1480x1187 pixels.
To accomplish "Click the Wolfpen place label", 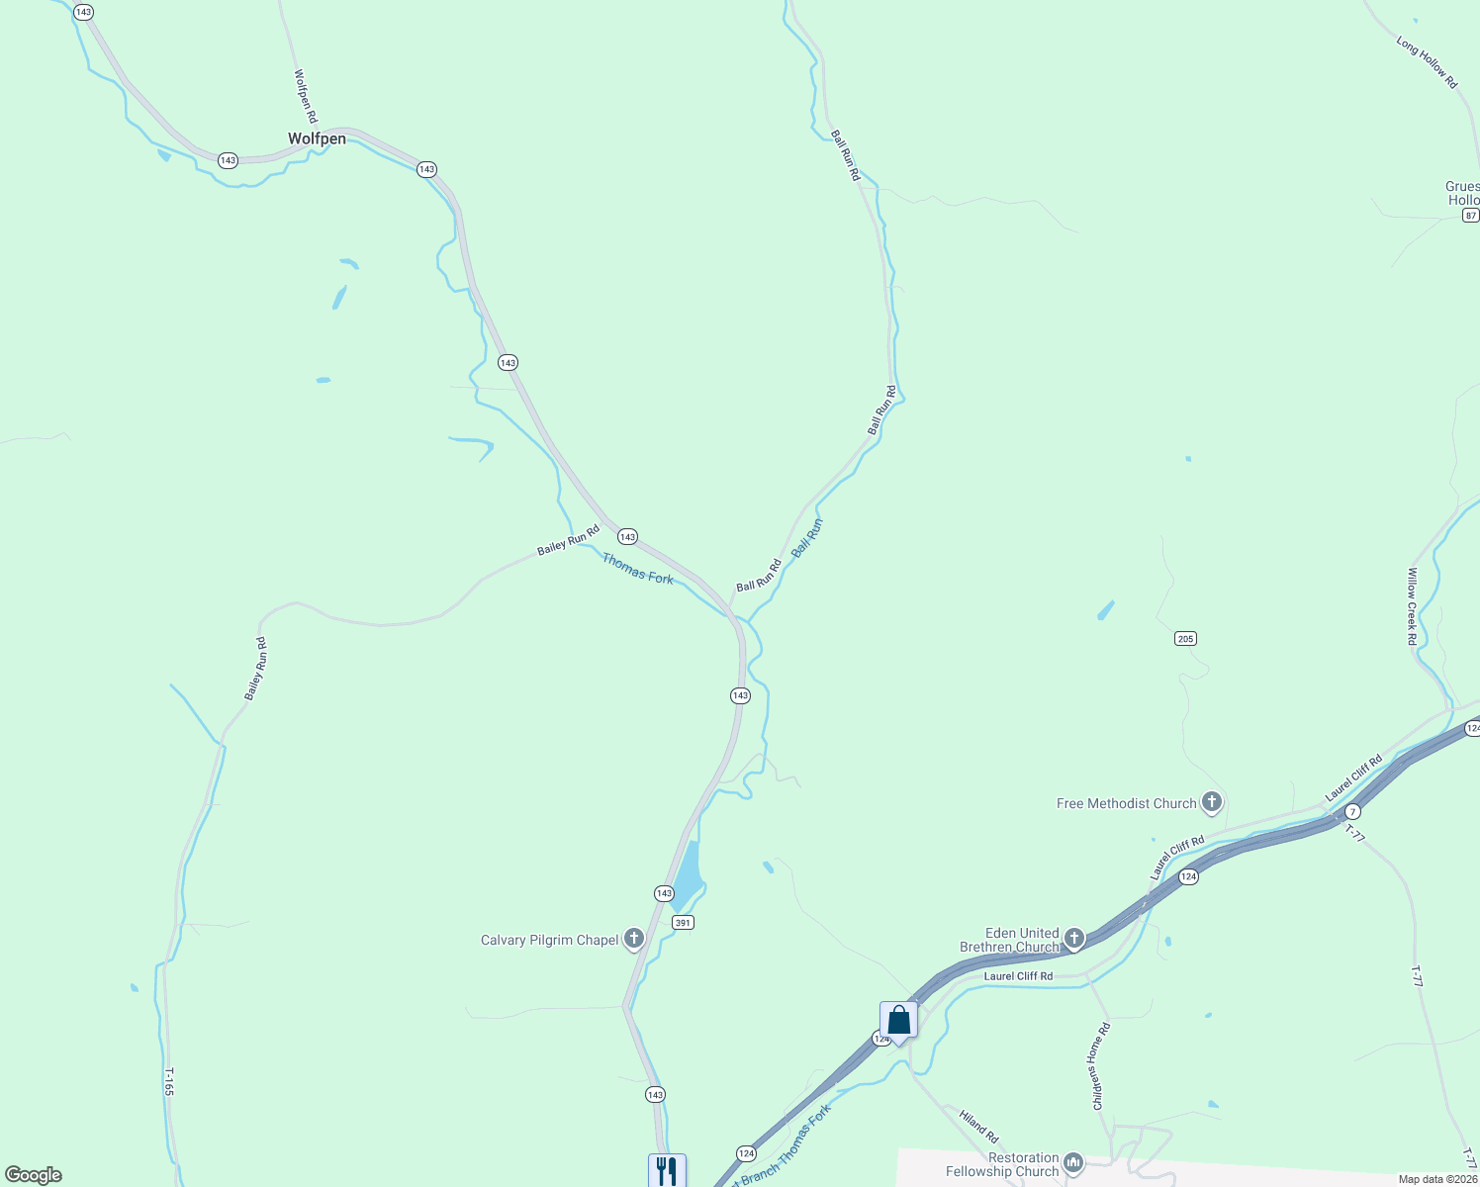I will tap(317, 138).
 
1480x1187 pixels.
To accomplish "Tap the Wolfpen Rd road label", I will tap(305, 96).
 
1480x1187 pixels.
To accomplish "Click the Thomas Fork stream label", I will tap(637, 569).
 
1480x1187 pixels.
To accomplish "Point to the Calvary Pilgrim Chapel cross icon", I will tap(634, 939).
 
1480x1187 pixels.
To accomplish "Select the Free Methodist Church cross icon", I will tap(1211, 802).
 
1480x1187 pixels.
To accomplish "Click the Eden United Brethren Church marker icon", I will tap(1074, 938).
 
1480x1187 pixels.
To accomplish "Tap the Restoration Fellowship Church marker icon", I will tap(1073, 1163).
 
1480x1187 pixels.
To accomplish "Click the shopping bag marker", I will tap(898, 1019).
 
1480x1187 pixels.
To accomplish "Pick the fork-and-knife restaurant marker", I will tap(667, 1170).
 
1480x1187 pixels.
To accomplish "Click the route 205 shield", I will tap(1185, 639).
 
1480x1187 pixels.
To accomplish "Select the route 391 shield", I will tap(683, 923).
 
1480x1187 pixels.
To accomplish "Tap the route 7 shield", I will tap(1352, 811).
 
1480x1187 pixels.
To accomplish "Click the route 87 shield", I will tap(1471, 216).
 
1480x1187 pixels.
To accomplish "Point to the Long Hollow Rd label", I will tap(1427, 62).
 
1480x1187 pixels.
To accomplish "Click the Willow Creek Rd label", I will tap(1413, 606).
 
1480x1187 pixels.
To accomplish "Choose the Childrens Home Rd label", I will tap(1101, 1066).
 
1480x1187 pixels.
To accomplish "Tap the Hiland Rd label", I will tap(978, 1126).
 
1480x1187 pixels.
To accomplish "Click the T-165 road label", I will tap(169, 1081).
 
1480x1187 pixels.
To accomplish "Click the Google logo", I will tap(34, 1175).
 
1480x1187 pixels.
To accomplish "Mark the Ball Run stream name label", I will tap(807, 537).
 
